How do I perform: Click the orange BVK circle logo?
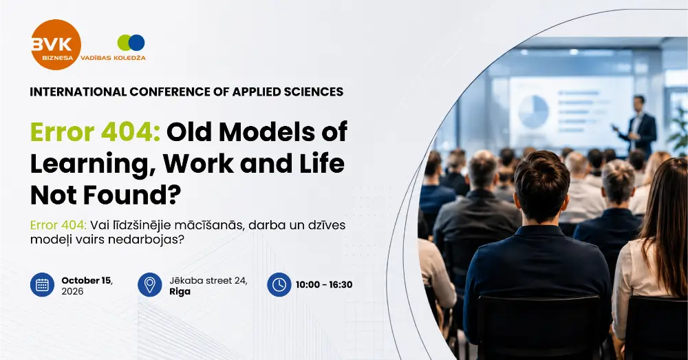pyautogui.click(x=56, y=45)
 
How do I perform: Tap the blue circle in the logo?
pyautogui.click(x=136, y=43)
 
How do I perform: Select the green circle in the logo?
pyautogui.click(x=125, y=43)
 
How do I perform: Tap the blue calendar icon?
pyautogui.click(x=42, y=284)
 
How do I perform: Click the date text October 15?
pyautogui.click(x=87, y=281)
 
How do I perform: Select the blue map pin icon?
pyautogui.click(x=149, y=284)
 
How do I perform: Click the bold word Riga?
pyautogui.click(x=180, y=292)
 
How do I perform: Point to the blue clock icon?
pyautogui.click(x=279, y=284)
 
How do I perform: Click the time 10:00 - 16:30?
pyautogui.click(x=324, y=284)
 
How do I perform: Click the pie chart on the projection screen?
pyautogui.click(x=533, y=111)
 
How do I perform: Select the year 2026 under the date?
pyautogui.click(x=72, y=292)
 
